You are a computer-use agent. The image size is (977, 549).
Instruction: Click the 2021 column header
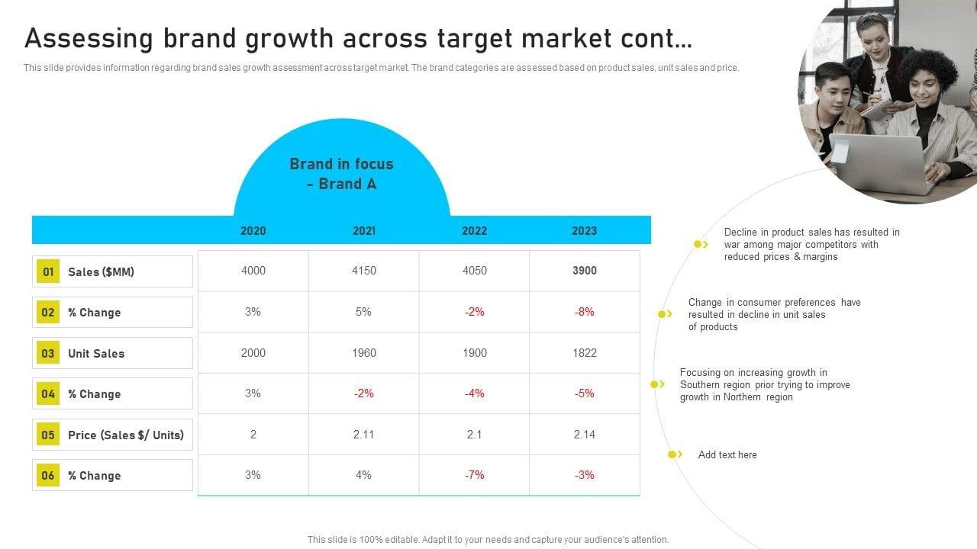[x=364, y=230]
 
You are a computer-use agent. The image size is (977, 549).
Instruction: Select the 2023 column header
[x=585, y=230]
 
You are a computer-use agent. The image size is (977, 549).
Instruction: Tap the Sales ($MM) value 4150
[x=364, y=271]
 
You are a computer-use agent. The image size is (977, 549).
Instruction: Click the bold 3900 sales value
[x=585, y=271]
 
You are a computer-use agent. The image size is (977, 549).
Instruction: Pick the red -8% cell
[x=585, y=312]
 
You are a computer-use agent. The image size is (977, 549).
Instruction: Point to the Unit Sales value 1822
[x=585, y=353]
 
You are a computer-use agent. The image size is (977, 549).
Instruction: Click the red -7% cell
[x=475, y=475]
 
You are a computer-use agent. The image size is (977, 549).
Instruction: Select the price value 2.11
[x=364, y=435]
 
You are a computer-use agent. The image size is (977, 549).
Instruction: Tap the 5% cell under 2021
[x=364, y=312]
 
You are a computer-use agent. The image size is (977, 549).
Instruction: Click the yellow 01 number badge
[x=48, y=271]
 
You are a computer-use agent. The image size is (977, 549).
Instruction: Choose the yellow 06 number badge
[x=48, y=476]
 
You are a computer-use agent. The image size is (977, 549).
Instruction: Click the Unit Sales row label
[x=96, y=354]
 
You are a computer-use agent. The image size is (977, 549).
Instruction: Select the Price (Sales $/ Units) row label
[x=126, y=435]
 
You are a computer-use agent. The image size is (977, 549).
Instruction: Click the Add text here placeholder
[x=727, y=455]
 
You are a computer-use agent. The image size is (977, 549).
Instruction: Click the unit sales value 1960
[x=364, y=353]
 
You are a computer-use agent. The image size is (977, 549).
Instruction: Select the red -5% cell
[x=585, y=393]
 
